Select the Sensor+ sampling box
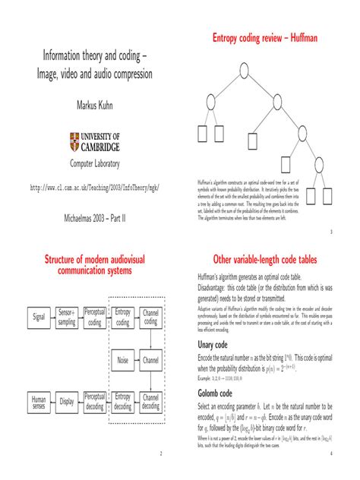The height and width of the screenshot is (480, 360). tap(68, 317)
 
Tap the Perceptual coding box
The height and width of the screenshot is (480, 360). tap(95, 317)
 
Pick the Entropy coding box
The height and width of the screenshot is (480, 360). tap(122, 317)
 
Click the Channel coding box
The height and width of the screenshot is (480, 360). tap(150, 317)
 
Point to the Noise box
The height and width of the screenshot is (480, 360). tap(122, 359)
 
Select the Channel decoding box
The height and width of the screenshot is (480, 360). tap(150, 402)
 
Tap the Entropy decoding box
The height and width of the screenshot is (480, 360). tap(122, 402)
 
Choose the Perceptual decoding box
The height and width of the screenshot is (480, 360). tap(95, 402)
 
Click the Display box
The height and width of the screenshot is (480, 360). tap(68, 402)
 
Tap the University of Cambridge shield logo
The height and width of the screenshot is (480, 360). tap(74, 141)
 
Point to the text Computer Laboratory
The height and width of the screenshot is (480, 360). tap(90, 164)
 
